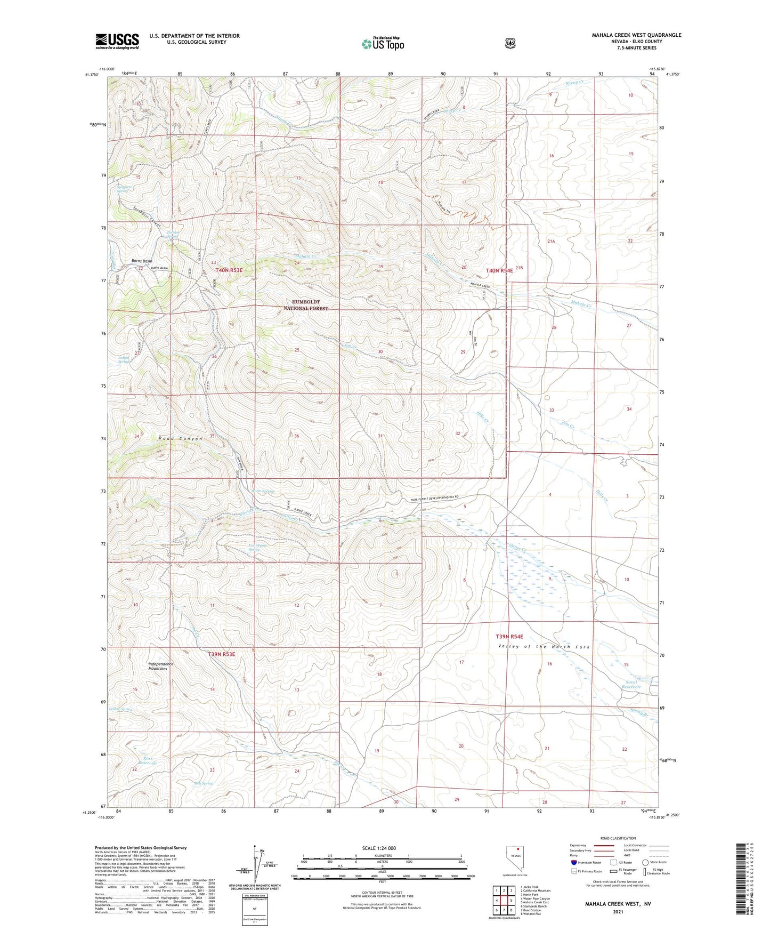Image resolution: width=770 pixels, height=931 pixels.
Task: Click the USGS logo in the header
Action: coord(117,41)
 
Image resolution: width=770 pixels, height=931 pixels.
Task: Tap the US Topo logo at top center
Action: coord(382,43)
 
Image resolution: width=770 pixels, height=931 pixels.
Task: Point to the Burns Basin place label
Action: coord(142,261)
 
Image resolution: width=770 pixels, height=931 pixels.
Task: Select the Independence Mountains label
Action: coord(160,666)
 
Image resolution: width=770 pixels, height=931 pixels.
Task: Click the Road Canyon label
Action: coord(181,439)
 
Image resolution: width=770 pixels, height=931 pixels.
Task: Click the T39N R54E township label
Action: coord(509,637)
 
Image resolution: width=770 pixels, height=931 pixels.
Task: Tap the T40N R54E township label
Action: coord(499,270)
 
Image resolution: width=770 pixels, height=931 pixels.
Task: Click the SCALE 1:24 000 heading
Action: coord(379,848)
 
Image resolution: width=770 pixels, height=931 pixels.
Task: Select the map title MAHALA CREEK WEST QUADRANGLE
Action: coord(636,35)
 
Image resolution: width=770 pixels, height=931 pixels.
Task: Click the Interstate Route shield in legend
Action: coord(573,862)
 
